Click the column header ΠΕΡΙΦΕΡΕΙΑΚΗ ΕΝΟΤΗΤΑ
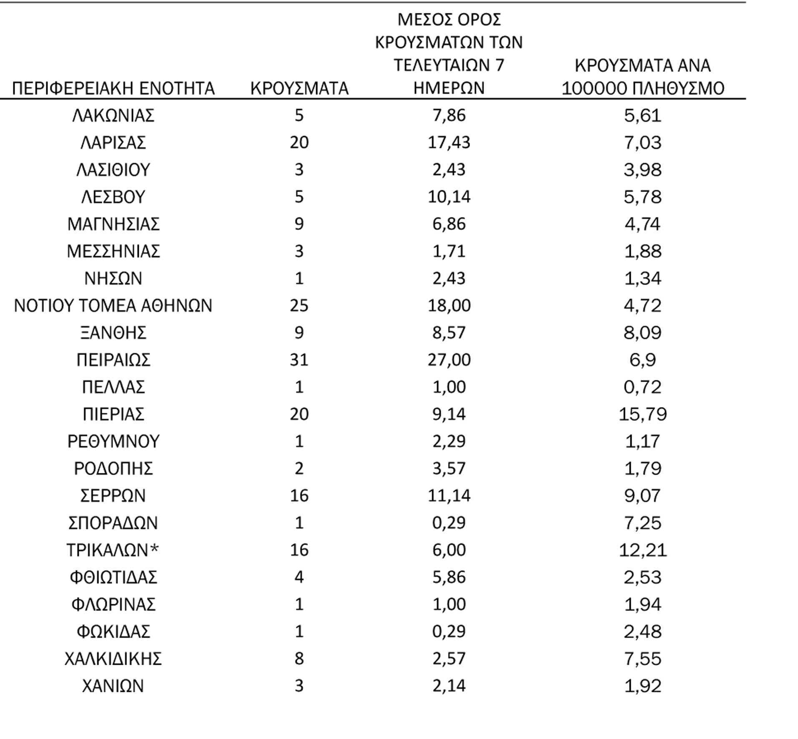click(113, 88)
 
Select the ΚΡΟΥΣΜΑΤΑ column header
click(299, 88)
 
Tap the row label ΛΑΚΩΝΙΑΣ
click(113, 116)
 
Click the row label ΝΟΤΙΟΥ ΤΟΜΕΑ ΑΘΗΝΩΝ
click(113, 306)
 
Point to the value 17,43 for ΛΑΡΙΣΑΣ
click(449, 143)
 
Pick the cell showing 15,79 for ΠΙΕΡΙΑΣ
click(642, 414)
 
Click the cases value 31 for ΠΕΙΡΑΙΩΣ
click(299, 360)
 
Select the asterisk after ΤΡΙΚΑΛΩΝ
click(154, 549)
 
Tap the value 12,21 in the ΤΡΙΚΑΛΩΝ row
click(642, 550)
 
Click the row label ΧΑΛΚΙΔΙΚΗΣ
click(113, 659)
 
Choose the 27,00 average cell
click(449, 360)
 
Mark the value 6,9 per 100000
click(642, 360)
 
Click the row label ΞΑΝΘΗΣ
click(113, 333)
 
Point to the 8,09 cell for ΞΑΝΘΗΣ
click(642, 333)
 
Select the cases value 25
click(299, 306)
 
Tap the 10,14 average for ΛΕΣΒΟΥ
click(449, 197)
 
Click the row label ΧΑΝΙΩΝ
click(113, 686)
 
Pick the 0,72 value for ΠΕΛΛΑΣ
click(642, 387)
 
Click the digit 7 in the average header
click(499, 65)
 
